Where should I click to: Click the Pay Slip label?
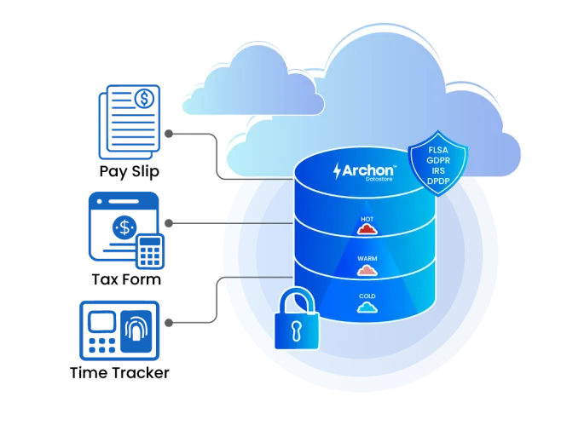tap(129, 171)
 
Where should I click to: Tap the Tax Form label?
tap(126, 279)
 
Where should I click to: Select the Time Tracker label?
tap(119, 373)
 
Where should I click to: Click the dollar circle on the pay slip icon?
tap(145, 99)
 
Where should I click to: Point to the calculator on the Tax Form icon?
tap(150, 251)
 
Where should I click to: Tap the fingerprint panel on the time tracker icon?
tap(136, 331)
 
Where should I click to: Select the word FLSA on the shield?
tap(438, 150)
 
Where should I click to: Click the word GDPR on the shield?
tap(438, 160)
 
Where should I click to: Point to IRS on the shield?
tap(438, 171)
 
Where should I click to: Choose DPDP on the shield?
tap(438, 181)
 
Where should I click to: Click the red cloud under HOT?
tap(367, 229)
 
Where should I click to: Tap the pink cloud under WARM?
tap(367, 270)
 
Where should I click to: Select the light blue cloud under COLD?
tap(367, 307)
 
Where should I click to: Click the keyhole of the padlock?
tap(296, 330)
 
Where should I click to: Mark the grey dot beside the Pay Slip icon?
tap(169, 134)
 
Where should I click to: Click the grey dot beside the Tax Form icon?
tap(169, 223)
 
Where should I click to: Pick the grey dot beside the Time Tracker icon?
tap(169, 323)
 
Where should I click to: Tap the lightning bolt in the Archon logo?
tap(337, 171)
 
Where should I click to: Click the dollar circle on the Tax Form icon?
tap(124, 227)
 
